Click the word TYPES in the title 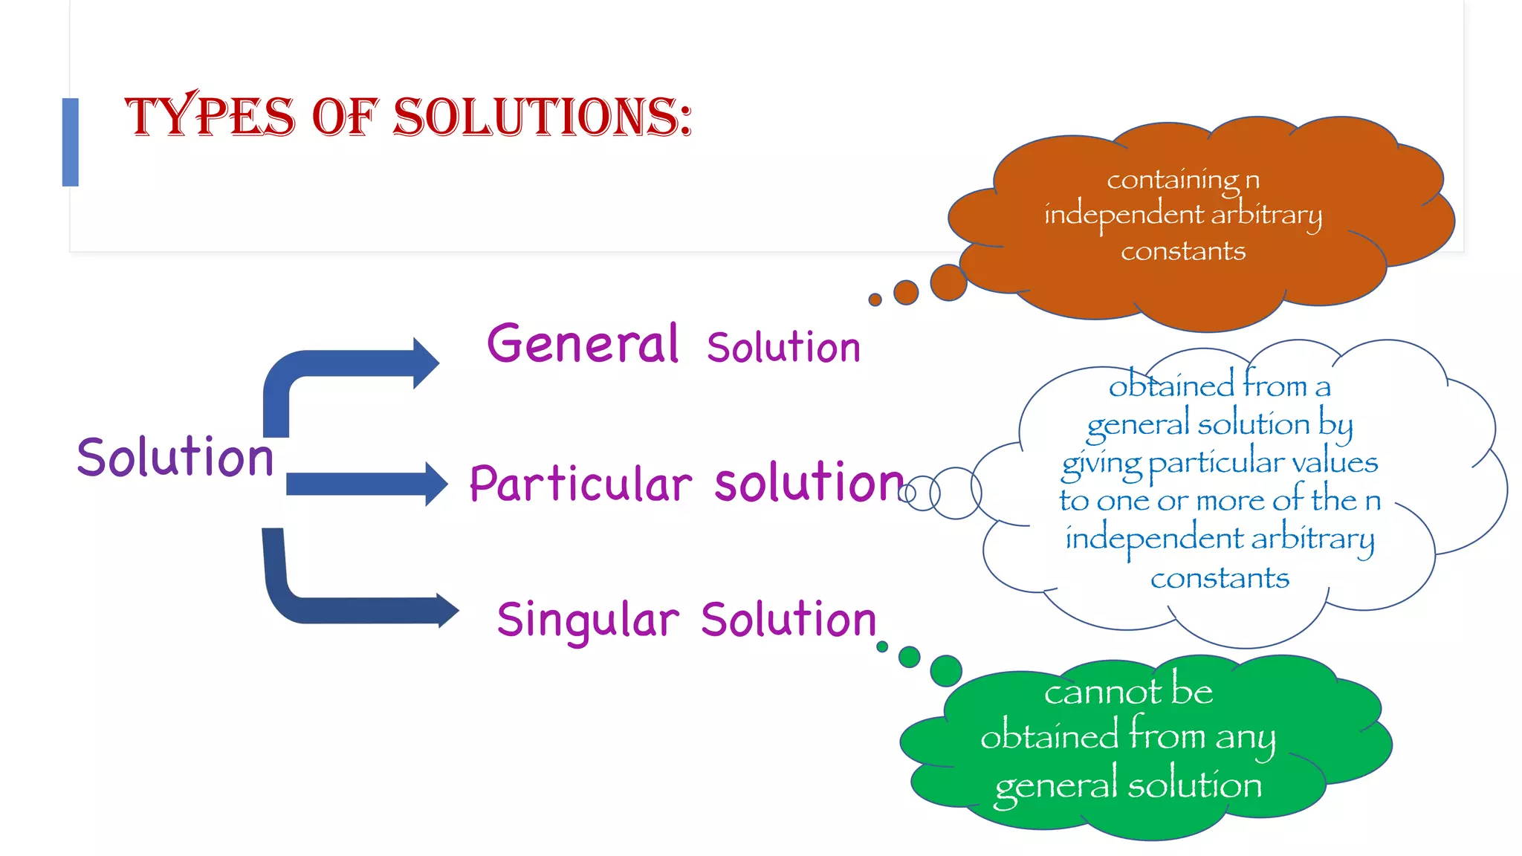[210, 117]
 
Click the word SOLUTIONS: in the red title [543, 117]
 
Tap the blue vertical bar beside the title [71, 142]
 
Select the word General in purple [583, 345]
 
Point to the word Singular [588, 620]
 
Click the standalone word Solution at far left [175, 457]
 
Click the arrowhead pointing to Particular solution [435, 484]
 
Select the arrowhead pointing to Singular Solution [447, 611]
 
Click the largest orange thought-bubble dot [948, 282]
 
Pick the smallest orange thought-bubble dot [875, 299]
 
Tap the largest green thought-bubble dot [946, 671]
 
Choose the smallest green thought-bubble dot [882, 646]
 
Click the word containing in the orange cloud [1172, 181]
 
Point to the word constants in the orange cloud [1183, 251]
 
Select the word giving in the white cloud [1101, 464]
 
